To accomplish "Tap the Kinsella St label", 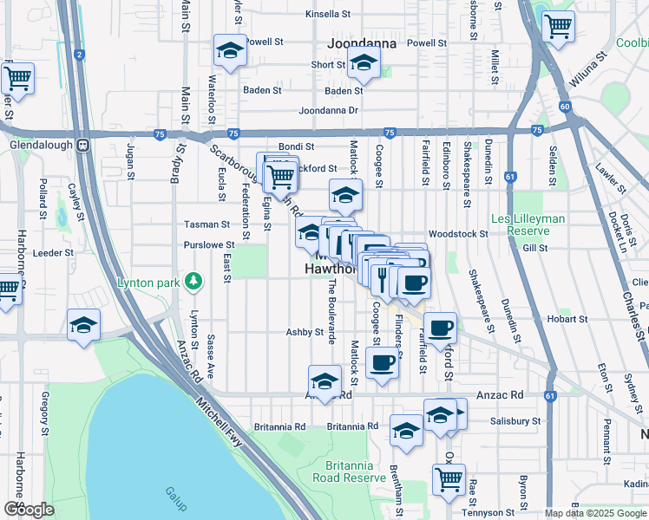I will pos(327,15).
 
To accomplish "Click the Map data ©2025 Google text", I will pos(596,513).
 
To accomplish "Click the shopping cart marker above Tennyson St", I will pos(449,478).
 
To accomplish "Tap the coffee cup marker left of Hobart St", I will pos(441,328).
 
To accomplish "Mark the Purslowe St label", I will pos(209,245).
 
